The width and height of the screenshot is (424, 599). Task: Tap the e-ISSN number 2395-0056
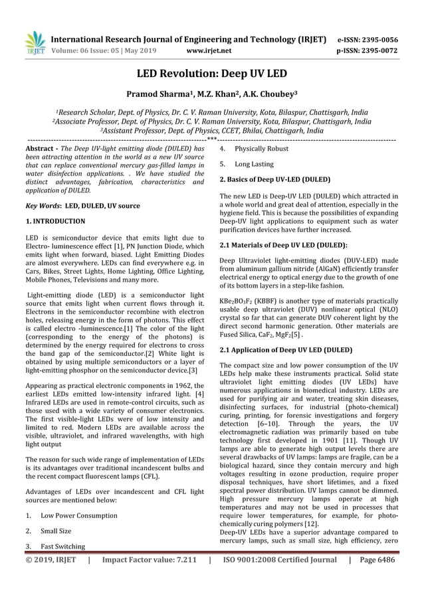coord(397,39)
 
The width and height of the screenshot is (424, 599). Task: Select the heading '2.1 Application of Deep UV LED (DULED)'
coord(285,349)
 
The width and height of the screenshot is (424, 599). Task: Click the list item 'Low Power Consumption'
coord(78,515)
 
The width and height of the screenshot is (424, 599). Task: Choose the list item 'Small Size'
coord(56,531)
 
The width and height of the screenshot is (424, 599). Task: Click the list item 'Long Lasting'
coord(254,164)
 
